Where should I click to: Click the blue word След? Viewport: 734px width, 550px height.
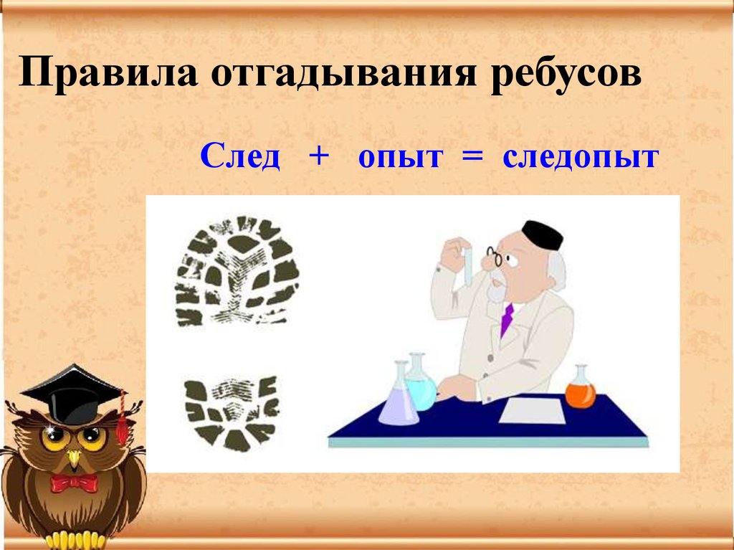(x=240, y=157)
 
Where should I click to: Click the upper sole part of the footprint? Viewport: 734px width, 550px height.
(x=237, y=270)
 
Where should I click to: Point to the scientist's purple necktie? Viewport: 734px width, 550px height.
(x=507, y=318)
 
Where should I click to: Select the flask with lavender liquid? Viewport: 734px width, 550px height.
(x=398, y=402)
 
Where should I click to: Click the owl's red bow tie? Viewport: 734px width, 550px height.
(x=73, y=483)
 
